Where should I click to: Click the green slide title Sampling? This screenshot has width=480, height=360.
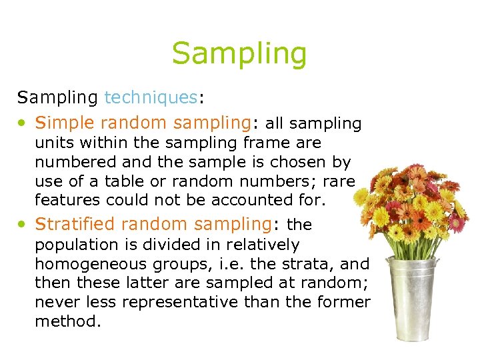click(x=239, y=53)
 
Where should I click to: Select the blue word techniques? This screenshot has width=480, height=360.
click(x=151, y=97)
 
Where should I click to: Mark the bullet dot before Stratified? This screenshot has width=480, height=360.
click(x=23, y=225)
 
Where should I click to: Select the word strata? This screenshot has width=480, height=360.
click(x=312, y=264)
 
